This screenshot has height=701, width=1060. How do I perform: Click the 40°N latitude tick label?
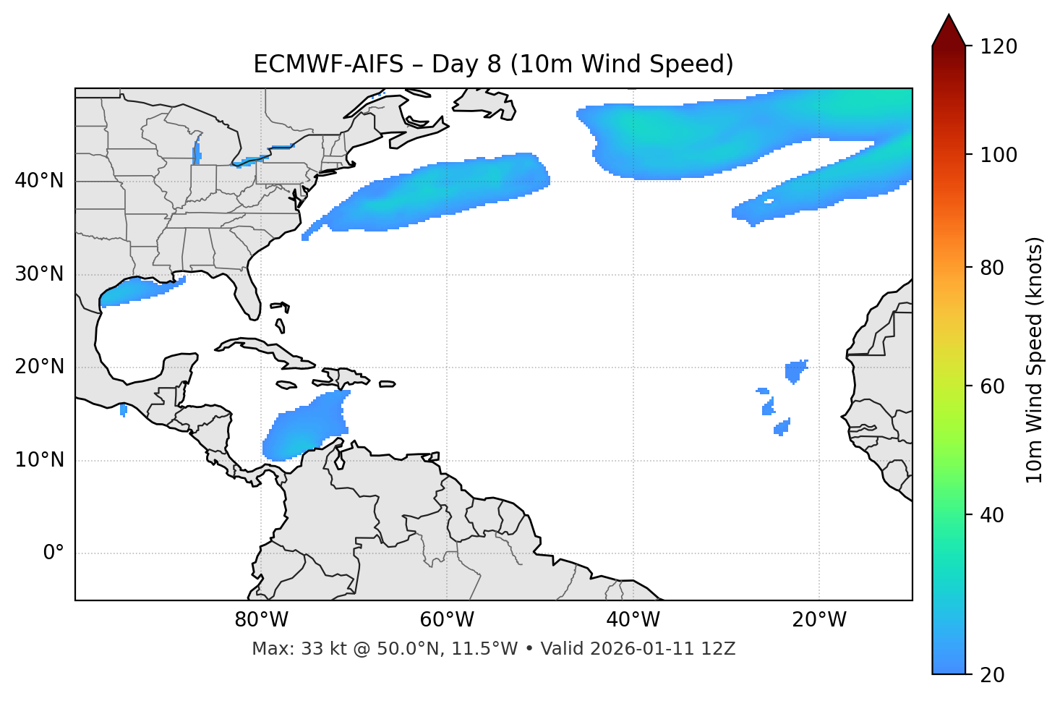39,181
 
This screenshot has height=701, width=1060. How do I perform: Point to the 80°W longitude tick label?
261,620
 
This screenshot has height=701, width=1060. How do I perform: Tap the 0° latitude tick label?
54,553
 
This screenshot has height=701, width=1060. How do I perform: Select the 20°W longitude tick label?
819,620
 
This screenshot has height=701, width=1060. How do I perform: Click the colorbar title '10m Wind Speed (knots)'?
1035,360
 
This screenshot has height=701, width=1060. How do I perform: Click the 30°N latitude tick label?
39,274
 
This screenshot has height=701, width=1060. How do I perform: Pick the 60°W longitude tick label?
446,620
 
